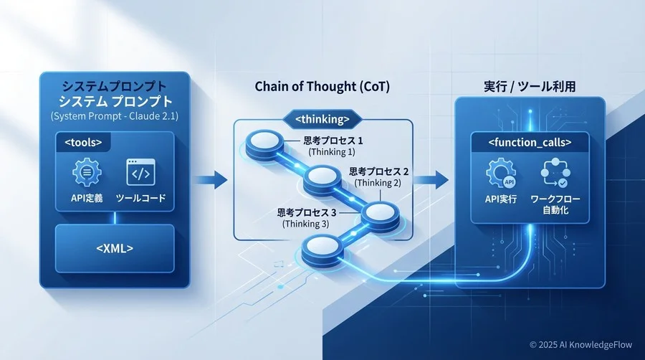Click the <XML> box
pyautogui.click(x=115, y=248)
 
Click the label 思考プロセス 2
pyautogui.click(x=379, y=172)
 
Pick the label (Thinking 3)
pyautogui.click(x=306, y=224)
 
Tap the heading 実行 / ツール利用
pyautogui.click(x=530, y=87)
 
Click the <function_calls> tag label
pyautogui.click(x=529, y=143)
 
